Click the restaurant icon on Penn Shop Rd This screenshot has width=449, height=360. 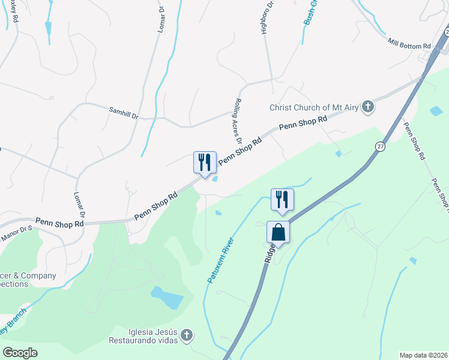point(204,163)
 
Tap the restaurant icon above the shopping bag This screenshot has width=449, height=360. point(282,199)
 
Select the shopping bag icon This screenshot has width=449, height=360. point(278,232)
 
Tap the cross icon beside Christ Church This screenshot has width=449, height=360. point(369,107)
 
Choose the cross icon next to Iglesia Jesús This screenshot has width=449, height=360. point(187,335)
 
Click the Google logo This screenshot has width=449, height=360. point(20,353)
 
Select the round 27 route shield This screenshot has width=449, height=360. point(381,146)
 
